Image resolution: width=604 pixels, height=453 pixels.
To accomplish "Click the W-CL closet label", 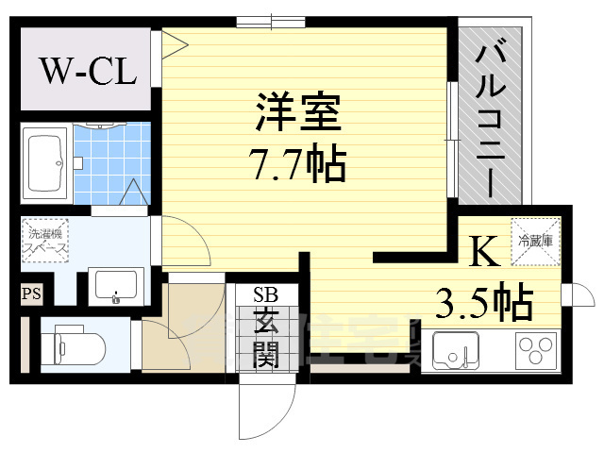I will click(x=88, y=71).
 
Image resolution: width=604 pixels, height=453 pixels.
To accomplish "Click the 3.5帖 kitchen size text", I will click(x=483, y=303).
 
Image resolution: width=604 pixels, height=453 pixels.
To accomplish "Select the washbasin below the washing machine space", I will click(x=114, y=284).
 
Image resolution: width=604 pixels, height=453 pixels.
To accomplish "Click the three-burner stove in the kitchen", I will click(x=537, y=352).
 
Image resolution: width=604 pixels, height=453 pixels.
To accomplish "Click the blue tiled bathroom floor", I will click(x=111, y=160).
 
